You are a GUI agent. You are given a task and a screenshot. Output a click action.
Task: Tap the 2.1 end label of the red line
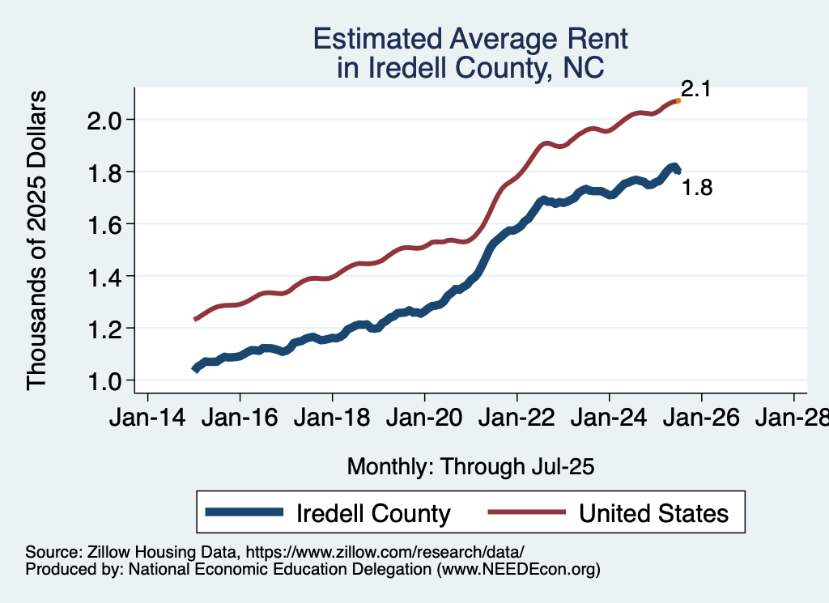tap(695, 89)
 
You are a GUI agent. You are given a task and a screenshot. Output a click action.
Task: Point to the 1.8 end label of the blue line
tap(696, 189)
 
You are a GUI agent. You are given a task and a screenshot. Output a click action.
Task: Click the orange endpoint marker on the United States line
tap(678, 100)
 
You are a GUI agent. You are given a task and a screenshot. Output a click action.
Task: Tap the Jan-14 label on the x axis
tap(147, 418)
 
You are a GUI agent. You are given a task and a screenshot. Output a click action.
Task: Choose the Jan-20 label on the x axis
tap(424, 418)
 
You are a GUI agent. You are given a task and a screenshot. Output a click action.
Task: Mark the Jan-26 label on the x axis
tap(701, 418)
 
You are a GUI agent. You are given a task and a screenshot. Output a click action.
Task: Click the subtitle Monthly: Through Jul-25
tap(470, 467)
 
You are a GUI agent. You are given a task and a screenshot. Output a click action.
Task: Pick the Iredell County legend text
tap(373, 513)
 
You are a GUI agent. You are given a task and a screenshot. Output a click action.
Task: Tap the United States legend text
tap(653, 513)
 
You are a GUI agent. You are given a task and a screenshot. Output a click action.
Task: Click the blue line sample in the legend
tap(245, 512)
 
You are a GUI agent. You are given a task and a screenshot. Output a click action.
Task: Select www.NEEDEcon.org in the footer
tap(518, 569)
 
